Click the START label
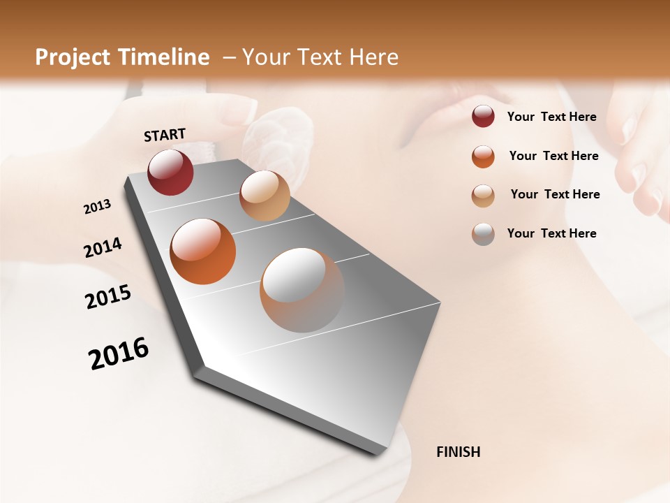[165, 135]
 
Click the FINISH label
[458, 452]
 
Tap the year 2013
[97, 207]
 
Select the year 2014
[103, 248]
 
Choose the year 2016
[119, 353]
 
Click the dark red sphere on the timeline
[170, 172]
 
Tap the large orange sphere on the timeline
[202, 251]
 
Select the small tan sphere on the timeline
[265, 196]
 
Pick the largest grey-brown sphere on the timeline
[302, 289]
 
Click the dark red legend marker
[483, 117]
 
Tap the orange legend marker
[483, 156]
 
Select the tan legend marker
[483, 195]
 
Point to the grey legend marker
[483, 234]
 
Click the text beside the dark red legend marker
[551, 117]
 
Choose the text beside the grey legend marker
[551, 233]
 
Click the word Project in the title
[73, 57]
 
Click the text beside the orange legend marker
[553, 156]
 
